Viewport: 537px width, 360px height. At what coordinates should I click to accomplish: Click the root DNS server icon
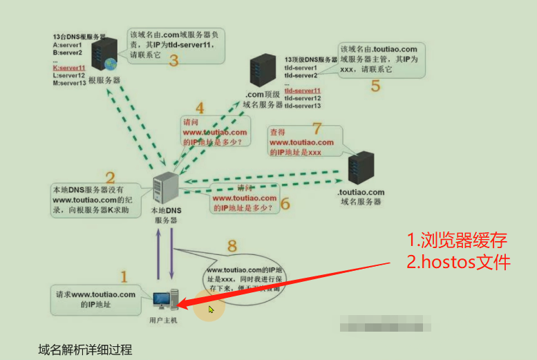(106, 54)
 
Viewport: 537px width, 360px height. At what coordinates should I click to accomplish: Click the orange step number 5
(375, 86)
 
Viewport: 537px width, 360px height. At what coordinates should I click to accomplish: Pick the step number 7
(317, 128)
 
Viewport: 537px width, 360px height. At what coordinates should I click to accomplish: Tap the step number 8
(232, 245)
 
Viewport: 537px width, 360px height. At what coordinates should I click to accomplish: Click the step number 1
(124, 277)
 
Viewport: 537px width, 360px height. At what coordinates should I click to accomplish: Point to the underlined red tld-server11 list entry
(303, 91)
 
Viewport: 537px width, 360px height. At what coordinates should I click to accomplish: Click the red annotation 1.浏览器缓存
(457, 240)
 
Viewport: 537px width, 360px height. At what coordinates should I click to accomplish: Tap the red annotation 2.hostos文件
(459, 263)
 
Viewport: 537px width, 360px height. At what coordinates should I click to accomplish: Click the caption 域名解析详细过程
(85, 349)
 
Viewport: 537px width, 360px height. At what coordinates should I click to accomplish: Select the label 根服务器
(104, 80)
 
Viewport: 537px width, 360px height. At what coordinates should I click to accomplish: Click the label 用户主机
(164, 321)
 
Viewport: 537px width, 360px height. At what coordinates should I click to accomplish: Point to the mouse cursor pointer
(211, 309)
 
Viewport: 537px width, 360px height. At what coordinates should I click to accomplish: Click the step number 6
(285, 204)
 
